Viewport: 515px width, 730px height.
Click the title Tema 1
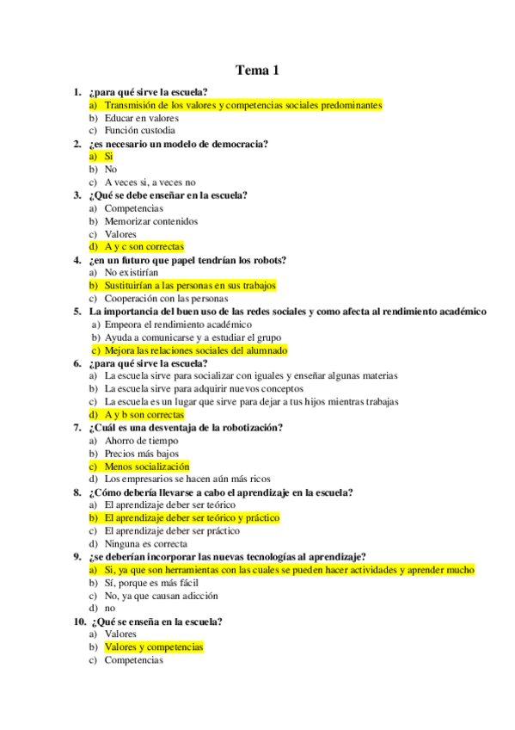(x=258, y=71)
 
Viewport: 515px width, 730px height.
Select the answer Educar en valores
(x=141, y=118)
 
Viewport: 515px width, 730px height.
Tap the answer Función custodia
(x=139, y=131)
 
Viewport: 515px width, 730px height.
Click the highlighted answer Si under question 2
(x=108, y=157)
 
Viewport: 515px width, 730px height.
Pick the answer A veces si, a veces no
(x=150, y=182)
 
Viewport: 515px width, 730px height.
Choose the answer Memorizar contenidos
(x=150, y=221)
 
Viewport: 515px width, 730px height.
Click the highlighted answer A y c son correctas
(x=144, y=247)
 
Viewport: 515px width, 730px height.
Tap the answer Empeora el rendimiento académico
(x=177, y=325)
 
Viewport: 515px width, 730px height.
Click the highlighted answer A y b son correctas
(x=144, y=415)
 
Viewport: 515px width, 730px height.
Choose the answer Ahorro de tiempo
(x=141, y=441)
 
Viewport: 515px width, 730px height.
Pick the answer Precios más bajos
(x=141, y=454)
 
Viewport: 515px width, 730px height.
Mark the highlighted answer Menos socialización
(x=146, y=467)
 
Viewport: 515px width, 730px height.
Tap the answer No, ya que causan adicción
(x=161, y=596)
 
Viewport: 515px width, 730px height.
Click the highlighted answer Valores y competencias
(x=153, y=647)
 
